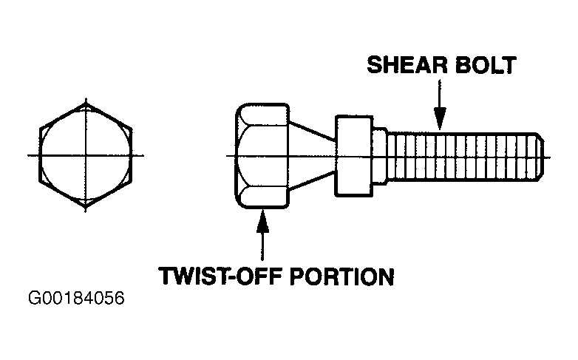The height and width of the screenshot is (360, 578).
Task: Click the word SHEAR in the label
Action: [407, 65]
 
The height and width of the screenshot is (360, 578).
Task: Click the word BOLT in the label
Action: [486, 65]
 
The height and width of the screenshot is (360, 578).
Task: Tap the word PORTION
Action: [341, 276]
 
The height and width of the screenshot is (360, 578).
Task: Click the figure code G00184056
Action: [76, 298]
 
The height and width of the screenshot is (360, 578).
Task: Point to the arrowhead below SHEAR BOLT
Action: [439, 118]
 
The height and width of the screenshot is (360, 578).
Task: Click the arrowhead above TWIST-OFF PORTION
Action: [262, 221]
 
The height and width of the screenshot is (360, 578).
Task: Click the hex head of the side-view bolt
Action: [262, 156]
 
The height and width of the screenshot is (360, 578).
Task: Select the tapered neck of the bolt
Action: [312, 156]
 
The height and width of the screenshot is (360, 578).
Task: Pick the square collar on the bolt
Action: [354, 156]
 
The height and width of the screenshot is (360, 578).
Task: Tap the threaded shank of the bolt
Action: [464, 157]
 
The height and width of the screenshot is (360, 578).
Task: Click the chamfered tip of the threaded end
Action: [540, 157]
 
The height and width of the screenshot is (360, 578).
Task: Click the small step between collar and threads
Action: [380, 156]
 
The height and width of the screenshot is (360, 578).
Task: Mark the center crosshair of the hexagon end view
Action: [86, 155]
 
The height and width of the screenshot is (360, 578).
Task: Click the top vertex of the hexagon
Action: [86, 103]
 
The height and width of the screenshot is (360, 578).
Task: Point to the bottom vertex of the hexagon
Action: [86, 207]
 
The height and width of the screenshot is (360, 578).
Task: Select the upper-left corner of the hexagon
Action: [39, 129]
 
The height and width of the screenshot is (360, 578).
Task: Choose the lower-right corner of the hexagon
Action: [132, 181]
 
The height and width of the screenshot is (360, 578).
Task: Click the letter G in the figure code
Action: [34, 298]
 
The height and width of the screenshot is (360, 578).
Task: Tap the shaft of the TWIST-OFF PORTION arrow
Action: [262, 246]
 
